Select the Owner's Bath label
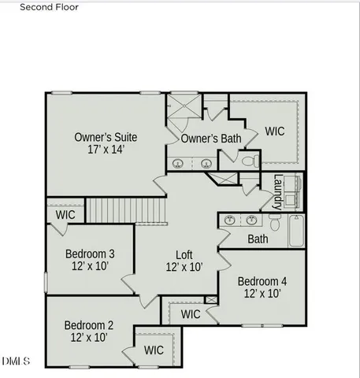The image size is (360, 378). click(211, 139)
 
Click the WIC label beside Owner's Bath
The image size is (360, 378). click(275, 131)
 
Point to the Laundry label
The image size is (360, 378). click(278, 192)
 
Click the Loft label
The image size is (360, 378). click(184, 254)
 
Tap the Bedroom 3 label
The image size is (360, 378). click(89, 254)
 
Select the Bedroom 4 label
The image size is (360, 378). click(262, 281)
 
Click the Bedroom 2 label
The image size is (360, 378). click(88, 324)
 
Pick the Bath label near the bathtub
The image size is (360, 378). click(258, 239)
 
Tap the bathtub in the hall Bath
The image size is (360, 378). click(296, 230)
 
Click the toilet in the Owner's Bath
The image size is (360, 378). click(250, 161)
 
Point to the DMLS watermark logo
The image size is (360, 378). click(16, 361)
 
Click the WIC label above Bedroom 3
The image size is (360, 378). click(65, 214)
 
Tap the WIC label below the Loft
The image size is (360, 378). click(191, 314)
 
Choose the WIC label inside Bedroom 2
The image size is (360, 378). click(154, 350)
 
